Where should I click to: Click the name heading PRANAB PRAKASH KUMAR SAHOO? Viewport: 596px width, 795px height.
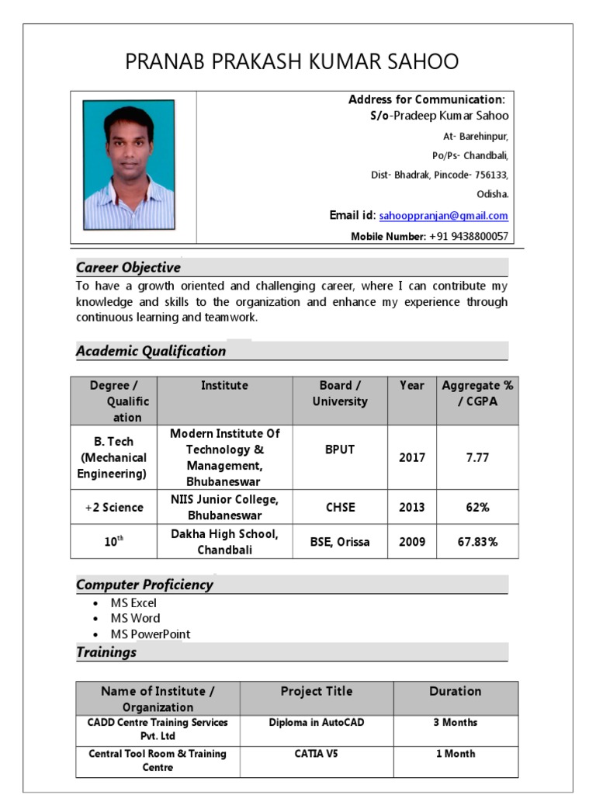coord(292,61)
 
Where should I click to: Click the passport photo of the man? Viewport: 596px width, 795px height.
coord(129,165)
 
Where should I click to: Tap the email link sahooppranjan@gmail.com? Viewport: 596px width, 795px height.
coord(443,216)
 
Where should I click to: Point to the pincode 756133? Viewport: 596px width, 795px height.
coord(488,175)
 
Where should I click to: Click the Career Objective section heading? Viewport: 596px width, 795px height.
coord(128,268)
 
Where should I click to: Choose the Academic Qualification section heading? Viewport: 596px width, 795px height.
coord(151,351)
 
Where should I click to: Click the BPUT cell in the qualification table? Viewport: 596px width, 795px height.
coord(340,450)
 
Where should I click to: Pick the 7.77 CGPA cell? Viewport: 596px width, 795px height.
coord(477,457)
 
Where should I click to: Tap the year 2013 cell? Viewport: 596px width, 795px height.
coord(412,507)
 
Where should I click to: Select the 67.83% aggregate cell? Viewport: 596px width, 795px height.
coord(477,542)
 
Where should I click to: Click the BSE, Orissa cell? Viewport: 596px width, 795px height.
coord(340,542)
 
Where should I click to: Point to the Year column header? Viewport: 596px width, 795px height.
coord(412,385)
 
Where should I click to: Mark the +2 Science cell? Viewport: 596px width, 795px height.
coord(114,507)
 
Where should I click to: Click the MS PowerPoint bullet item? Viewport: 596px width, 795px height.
coord(150,634)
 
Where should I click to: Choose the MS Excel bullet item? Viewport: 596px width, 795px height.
coord(133,603)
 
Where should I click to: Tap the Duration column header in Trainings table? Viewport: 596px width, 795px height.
coord(455,691)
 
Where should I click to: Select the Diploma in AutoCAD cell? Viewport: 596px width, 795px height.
coord(317,723)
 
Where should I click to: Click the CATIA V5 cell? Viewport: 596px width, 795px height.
coord(317,754)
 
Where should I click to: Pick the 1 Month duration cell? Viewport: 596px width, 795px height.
coord(455,754)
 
